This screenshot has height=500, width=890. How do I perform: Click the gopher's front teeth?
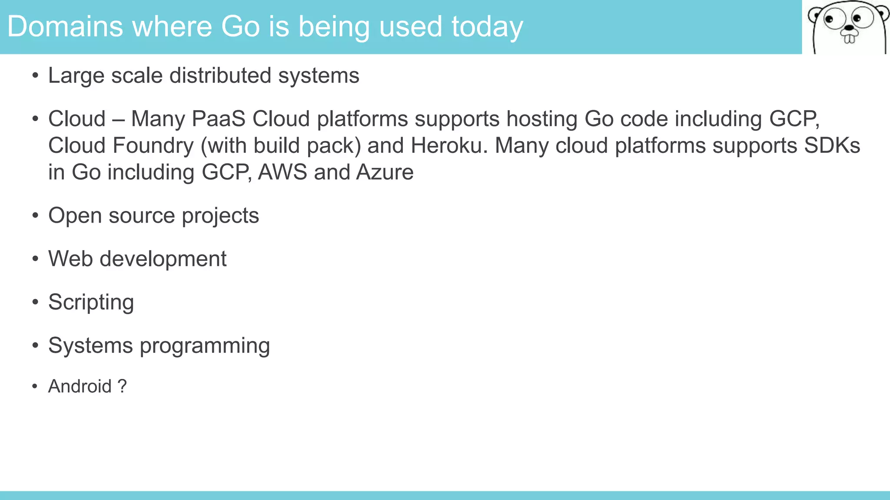tap(849, 39)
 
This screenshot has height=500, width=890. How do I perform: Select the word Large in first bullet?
tap(76, 76)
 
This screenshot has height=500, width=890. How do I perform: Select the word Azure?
tap(385, 172)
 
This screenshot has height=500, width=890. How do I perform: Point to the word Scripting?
tap(91, 303)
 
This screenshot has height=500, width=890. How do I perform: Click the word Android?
tap(80, 386)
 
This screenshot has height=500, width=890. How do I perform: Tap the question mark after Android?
tap(122, 386)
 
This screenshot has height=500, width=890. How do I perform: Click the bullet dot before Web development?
tap(35, 259)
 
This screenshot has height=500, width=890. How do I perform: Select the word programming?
tap(205, 346)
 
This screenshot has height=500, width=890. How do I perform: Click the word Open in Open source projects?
tap(75, 216)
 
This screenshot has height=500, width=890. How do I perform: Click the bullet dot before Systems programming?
tap(35, 346)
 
